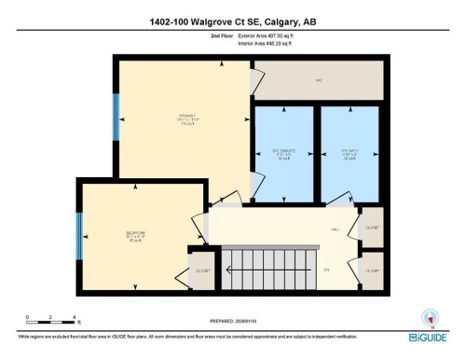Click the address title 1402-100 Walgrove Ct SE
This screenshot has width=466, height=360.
click(x=233, y=21)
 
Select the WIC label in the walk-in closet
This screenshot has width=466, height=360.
click(x=318, y=80)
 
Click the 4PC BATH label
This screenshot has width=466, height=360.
click(x=349, y=154)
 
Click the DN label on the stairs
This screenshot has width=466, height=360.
click(x=326, y=270)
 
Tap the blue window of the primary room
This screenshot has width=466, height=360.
click(x=116, y=114)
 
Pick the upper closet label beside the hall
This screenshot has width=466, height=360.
click(x=372, y=228)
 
